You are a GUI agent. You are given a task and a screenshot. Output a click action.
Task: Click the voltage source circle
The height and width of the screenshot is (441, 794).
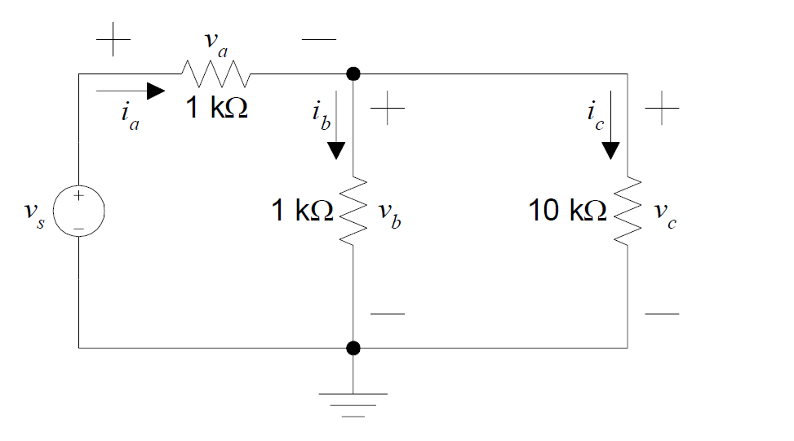pyautogui.click(x=79, y=212)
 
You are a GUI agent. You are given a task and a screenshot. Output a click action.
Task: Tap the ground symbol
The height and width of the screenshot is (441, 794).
pyautogui.click(x=353, y=403)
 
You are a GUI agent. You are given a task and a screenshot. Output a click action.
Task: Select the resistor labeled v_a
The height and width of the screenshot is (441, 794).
pyautogui.click(x=215, y=74)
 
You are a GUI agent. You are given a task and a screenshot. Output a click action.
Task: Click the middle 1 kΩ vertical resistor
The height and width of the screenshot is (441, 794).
pyautogui.click(x=353, y=211)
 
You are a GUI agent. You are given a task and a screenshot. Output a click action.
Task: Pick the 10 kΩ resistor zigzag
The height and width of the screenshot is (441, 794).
pyautogui.click(x=627, y=211)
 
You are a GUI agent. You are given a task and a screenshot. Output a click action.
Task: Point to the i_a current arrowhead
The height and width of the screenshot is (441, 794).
pyautogui.click(x=154, y=88)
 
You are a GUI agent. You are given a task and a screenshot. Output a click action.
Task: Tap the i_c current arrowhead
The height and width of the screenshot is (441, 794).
pyautogui.click(x=610, y=150)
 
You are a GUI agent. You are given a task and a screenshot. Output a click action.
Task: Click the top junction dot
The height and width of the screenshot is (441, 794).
pyautogui.click(x=353, y=74)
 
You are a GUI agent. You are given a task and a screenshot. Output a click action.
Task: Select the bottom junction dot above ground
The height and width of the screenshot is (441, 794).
pyautogui.click(x=353, y=349)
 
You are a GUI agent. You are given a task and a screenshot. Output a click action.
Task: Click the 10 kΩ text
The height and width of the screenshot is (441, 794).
pyautogui.click(x=566, y=212)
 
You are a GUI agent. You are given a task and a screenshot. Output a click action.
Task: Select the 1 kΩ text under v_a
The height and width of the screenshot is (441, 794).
pyautogui.click(x=216, y=108)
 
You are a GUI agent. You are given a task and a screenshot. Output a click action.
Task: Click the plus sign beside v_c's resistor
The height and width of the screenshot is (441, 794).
pyautogui.click(x=662, y=109)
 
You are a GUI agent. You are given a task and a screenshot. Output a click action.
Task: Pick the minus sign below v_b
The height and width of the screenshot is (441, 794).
pyautogui.click(x=387, y=314)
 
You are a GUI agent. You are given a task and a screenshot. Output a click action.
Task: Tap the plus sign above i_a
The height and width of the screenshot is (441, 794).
pyautogui.click(x=113, y=40)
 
